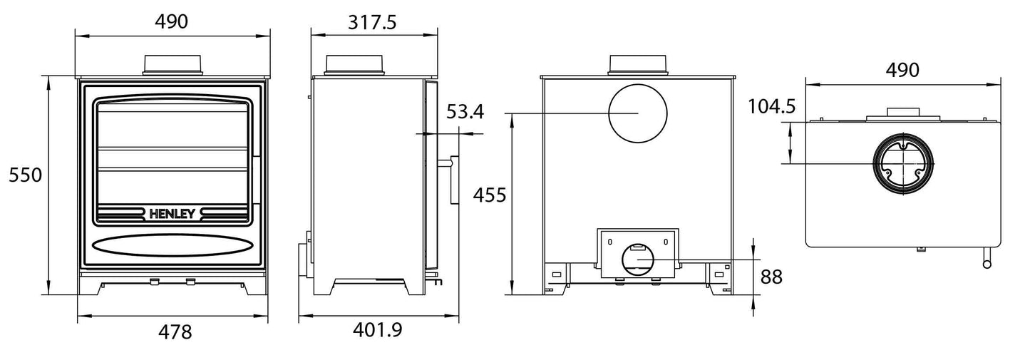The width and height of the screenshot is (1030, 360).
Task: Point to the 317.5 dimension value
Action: (x=373, y=22)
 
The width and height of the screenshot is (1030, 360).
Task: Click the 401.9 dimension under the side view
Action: (x=378, y=330)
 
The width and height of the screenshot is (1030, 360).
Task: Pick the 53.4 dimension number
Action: (x=465, y=111)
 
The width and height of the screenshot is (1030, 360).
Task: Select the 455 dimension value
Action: (x=490, y=195)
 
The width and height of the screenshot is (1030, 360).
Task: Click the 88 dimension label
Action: (x=771, y=277)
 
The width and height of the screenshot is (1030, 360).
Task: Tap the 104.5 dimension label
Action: (x=771, y=107)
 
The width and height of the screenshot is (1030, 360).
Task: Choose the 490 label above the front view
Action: (x=171, y=22)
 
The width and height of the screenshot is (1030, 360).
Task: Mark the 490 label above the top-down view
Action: (x=902, y=70)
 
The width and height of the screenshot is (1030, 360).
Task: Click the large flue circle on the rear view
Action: (x=637, y=114)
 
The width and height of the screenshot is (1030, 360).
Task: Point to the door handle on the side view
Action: (x=453, y=179)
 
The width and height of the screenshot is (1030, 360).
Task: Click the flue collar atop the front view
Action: (x=173, y=65)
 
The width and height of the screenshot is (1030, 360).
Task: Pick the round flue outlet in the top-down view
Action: (x=903, y=164)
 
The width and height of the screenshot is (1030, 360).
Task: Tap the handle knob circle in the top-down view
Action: (x=987, y=264)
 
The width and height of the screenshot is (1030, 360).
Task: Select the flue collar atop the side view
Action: (x=355, y=65)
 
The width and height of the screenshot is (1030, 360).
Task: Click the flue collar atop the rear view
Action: (x=638, y=65)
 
